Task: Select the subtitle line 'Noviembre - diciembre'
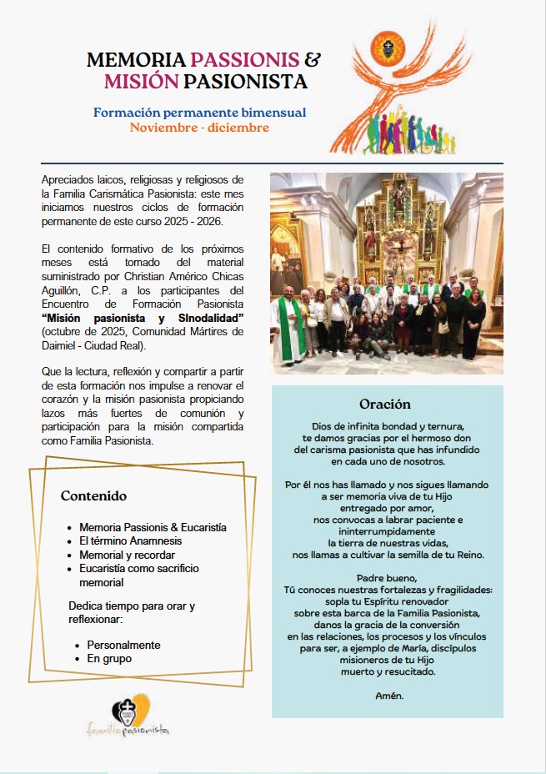click(x=199, y=128)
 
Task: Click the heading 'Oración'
click(x=385, y=405)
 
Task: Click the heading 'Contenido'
click(x=93, y=496)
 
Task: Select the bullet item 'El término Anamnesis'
click(x=130, y=541)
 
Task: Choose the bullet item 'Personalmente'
click(x=123, y=646)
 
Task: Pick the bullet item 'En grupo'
click(x=109, y=659)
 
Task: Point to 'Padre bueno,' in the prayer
click(x=388, y=577)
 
